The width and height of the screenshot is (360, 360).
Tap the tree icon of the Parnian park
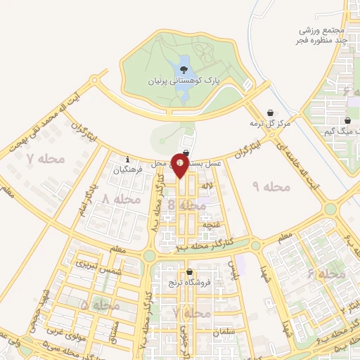(184, 70)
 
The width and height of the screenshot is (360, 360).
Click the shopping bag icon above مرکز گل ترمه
(271, 112)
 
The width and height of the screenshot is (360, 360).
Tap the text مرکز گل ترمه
(270, 124)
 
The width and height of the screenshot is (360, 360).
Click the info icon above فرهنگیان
(127, 159)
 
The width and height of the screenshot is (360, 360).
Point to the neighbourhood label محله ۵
(95, 306)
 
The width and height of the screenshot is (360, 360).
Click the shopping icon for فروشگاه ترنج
(188, 273)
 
